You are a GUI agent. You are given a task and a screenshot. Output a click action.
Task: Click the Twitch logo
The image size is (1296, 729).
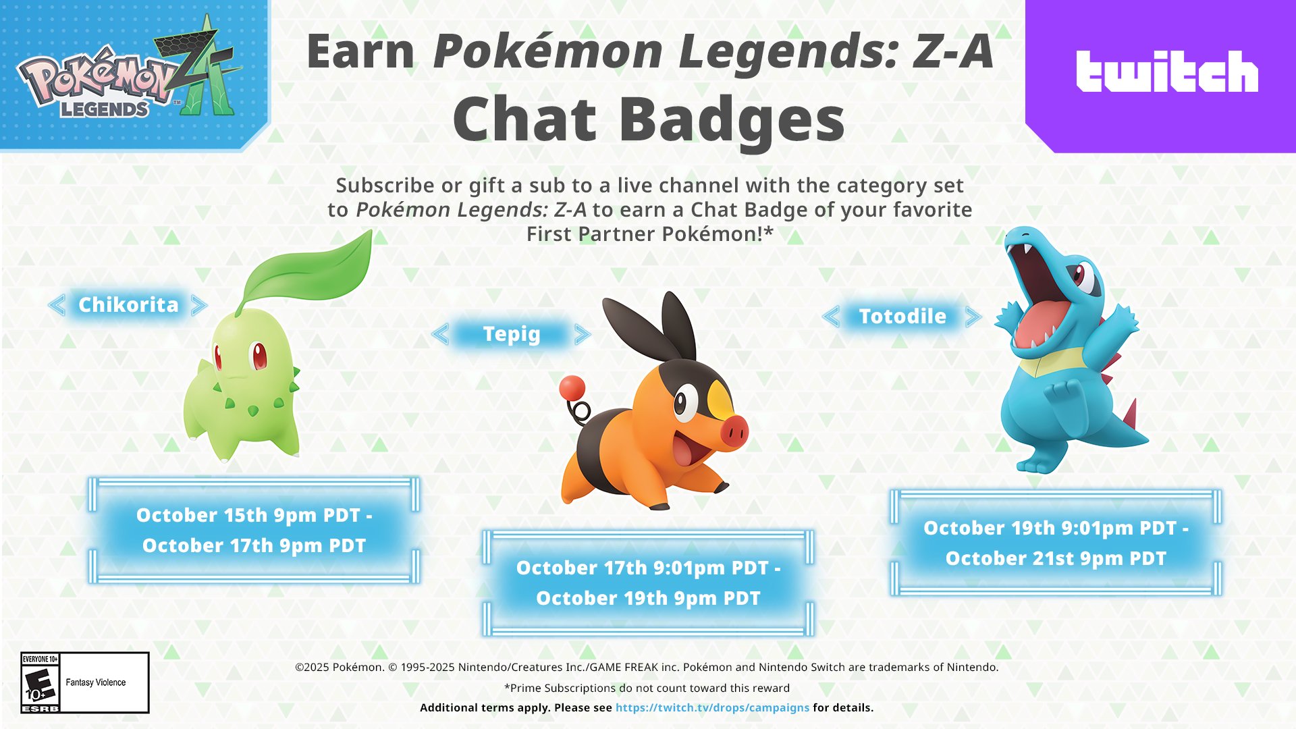tap(1166, 72)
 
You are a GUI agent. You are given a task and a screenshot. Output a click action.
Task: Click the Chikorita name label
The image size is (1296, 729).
tap(128, 305)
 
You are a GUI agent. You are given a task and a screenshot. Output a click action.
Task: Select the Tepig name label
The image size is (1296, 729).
tap(512, 334)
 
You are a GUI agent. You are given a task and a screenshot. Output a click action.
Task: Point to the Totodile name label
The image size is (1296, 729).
tap(902, 317)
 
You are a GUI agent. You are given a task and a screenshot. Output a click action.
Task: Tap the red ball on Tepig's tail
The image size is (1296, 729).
tap(572, 388)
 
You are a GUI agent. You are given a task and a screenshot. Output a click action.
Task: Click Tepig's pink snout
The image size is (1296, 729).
tap(734, 431)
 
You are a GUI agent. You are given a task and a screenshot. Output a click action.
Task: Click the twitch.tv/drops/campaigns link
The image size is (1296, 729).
tap(712, 707)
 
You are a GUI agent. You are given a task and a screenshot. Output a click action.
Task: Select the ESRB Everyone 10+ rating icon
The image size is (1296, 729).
tap(40, 682)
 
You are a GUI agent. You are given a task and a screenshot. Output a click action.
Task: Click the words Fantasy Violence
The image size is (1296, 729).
tap(96, 682)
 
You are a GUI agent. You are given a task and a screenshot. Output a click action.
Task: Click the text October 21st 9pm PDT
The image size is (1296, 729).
tap(1056, 559)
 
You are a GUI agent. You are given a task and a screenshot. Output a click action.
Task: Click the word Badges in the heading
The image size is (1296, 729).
tap(732, 119)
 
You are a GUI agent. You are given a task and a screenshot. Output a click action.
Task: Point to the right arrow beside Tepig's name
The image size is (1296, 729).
tap(583, 334)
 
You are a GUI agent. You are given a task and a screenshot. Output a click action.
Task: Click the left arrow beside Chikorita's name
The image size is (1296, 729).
tap(57, 305)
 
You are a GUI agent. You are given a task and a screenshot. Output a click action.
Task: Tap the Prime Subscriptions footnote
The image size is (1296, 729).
tap(647, 688)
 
